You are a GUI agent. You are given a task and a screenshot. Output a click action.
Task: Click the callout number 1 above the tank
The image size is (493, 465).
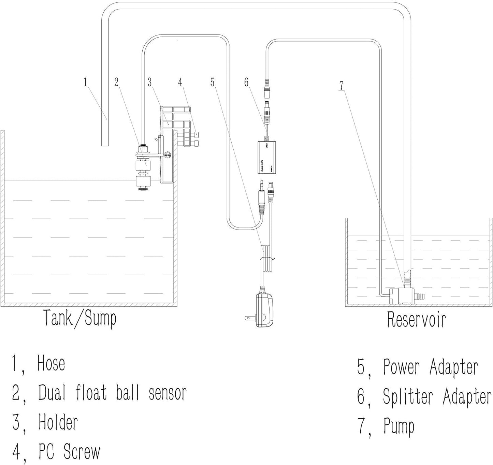[x=86, y=82]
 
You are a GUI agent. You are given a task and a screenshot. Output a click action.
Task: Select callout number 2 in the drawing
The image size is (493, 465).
[x=116, y=82]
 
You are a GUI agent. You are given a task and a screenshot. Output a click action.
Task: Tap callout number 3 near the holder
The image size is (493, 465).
[x=149, y=82]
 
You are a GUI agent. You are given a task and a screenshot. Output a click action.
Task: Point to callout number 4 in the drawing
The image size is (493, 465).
[x=180, y=82]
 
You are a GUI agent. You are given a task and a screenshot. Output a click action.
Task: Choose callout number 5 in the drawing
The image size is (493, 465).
[x=213, y=82]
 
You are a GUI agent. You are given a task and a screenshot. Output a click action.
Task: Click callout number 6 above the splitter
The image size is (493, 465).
[x=246, y=82]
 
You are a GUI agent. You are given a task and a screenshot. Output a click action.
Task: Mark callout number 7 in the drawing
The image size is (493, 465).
[x=342, y=86]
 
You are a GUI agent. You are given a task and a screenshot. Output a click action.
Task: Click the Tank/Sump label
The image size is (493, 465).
[x=80, y=318]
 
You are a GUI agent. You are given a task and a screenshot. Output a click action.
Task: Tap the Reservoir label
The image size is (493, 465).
[x=416, y=319]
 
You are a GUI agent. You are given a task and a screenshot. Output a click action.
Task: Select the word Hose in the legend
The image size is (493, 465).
[x=51, y=363]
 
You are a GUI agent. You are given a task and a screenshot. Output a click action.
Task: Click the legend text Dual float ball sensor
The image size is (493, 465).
[x=112, y=393]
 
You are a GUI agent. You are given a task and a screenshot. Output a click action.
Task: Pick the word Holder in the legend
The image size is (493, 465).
[x=58, y=422]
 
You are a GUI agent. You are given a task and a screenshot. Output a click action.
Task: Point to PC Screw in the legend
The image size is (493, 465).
[x=69, y=452]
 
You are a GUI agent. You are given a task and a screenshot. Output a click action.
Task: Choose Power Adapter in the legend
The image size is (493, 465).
[x=430, y=367]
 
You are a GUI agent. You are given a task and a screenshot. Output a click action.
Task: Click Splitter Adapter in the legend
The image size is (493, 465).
[x=437, y=396]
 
